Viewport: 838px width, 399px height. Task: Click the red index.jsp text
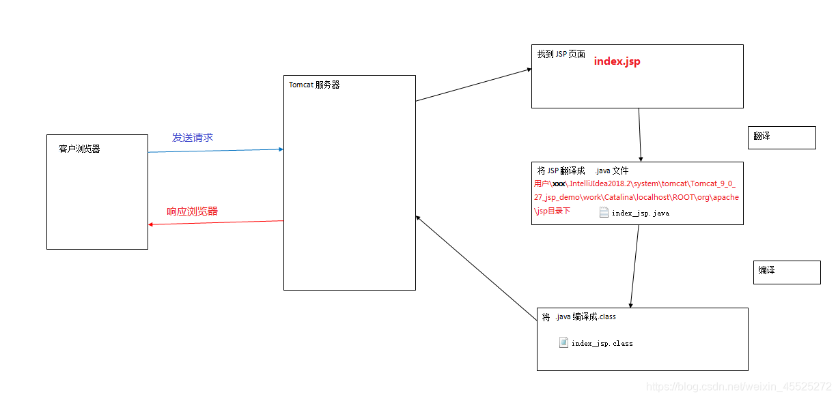coord(617,61)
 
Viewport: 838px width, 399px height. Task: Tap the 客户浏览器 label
coord(79,149)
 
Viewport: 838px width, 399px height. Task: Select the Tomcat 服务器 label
coord(314,85)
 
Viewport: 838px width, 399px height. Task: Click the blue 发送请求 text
coord(193,138)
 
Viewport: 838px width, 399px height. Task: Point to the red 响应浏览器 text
coord(193,211)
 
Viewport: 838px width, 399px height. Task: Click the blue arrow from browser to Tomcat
coord(216,150)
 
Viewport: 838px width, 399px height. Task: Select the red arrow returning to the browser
coord(216,223)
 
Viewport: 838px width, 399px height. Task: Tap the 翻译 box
coord(781,137)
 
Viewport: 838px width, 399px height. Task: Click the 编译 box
coord(786,272)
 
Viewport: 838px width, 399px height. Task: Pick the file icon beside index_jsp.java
coord(604,212)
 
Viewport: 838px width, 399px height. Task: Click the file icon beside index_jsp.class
coord(563,342)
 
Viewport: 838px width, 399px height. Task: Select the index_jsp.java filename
coord(641,213)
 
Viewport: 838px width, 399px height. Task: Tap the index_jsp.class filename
coord(602,344)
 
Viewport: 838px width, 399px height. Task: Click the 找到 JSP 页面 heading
coord(561,55)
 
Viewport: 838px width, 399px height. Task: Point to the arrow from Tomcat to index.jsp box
coord(473,85)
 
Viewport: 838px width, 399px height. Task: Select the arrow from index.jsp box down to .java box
coord(640,134)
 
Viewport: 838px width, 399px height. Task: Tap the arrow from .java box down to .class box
coord(634,266)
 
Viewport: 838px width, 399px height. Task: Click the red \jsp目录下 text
coord(552,211)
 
